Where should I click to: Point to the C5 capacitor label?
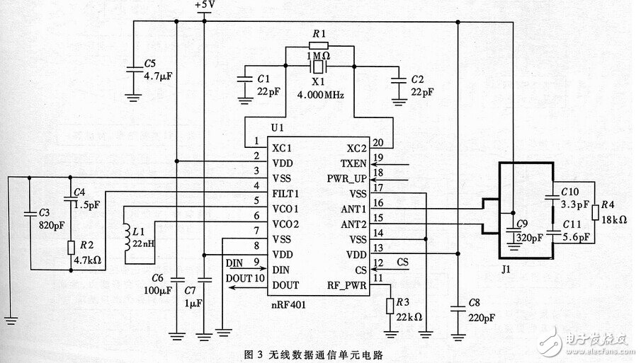point(149,62)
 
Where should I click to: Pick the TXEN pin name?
point(353,162)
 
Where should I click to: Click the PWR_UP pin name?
point(346,177)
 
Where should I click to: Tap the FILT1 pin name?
point(285,192)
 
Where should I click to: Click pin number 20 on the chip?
point(378,141)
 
